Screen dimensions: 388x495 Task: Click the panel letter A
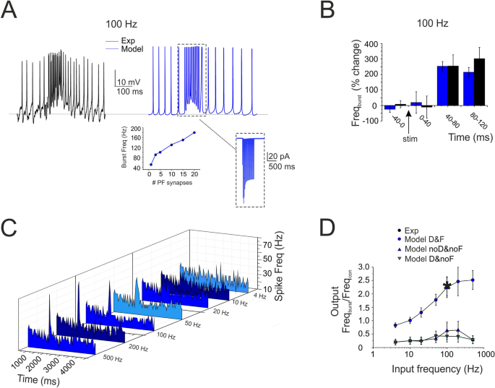click(x=16, y=14)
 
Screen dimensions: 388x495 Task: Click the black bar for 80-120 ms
click(x=480, y=82)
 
